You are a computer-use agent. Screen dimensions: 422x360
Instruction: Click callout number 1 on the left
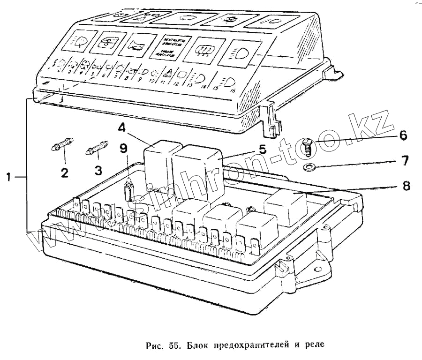[9, 177]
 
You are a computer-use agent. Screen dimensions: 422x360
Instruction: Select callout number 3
[98, 170]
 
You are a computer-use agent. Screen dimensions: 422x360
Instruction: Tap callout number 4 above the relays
[121, 127]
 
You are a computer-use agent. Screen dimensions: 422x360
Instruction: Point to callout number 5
[263, 150]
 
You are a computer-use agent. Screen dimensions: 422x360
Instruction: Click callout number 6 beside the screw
[403, 135]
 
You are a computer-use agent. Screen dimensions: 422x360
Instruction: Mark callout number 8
[406, 185]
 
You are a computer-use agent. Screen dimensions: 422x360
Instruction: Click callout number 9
[123, 149]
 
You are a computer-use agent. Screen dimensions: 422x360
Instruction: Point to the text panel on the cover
[170, 47]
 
